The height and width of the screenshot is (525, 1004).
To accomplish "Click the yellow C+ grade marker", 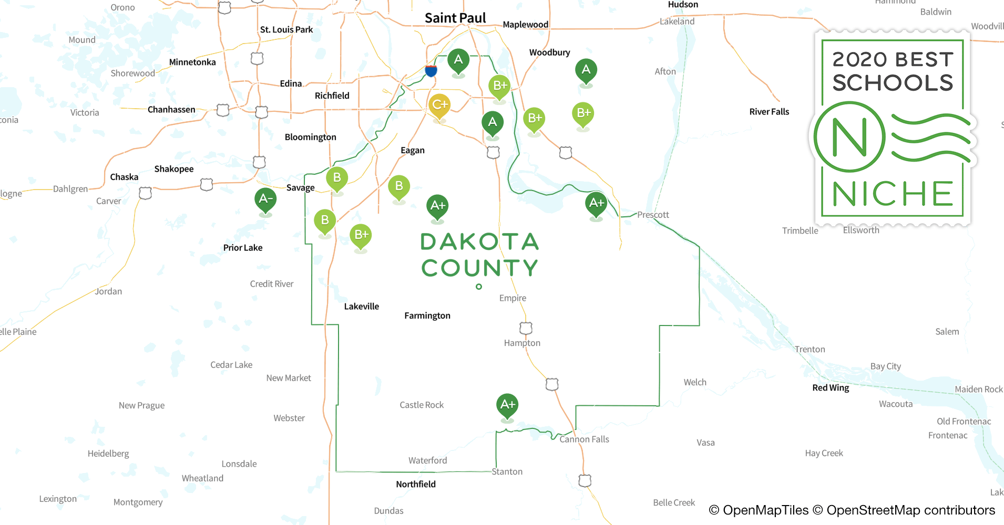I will [x=439, y=105].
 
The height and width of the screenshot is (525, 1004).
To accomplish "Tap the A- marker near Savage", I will [x=265, y=199].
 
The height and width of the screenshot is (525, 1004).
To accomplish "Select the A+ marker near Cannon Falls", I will [x=507, y=405].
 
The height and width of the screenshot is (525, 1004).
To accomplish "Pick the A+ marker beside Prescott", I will [x=596, y=204].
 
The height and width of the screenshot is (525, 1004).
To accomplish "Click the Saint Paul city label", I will [x=455, y=18].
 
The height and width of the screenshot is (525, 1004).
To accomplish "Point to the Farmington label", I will [x=427, y=316].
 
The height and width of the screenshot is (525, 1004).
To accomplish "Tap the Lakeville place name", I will [x=362, y=307].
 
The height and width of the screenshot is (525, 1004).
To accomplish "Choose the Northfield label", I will [x=416, y=484].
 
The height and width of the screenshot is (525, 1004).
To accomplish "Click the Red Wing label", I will [x=831, y=388].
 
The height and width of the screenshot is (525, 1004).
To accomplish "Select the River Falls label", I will [x=769, y=112].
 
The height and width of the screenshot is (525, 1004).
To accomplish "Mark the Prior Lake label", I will [x=243, y=248].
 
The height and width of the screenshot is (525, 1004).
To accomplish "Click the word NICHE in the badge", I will [x=893, y=194].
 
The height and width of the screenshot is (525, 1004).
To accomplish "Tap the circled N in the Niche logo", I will [x=849, y=138].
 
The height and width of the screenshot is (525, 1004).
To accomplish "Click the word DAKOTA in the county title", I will [x=479, y=242].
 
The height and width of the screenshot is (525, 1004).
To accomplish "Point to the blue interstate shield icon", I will [x=431, y=71].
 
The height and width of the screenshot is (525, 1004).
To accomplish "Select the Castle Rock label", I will [x=422, y=405].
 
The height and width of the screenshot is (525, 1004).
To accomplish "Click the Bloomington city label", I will [x=311, y=137].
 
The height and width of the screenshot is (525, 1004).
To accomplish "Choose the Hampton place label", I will [x=522, y=343].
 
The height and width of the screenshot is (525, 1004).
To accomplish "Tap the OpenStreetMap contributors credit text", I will [x=910, y=510].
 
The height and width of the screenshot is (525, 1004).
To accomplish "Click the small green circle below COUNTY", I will [x=479, y=287].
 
